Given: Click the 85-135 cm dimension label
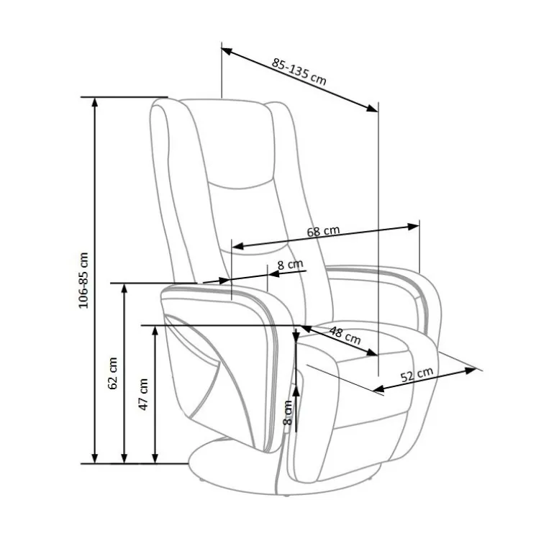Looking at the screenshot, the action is click(299, 72).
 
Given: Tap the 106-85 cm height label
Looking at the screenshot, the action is click(83, 280).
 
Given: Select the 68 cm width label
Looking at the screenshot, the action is click(323, 231).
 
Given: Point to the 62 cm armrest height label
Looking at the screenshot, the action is click(113, 373).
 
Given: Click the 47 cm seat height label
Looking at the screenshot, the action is click(143, 394).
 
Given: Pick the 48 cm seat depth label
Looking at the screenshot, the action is click(345, 335).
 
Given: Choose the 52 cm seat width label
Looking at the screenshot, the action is click(417, 375).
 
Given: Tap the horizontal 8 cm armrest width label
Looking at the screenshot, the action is click(290, 264).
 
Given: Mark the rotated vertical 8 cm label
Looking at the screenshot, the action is click(288, 412).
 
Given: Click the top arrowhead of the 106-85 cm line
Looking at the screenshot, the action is click(94, 101).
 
